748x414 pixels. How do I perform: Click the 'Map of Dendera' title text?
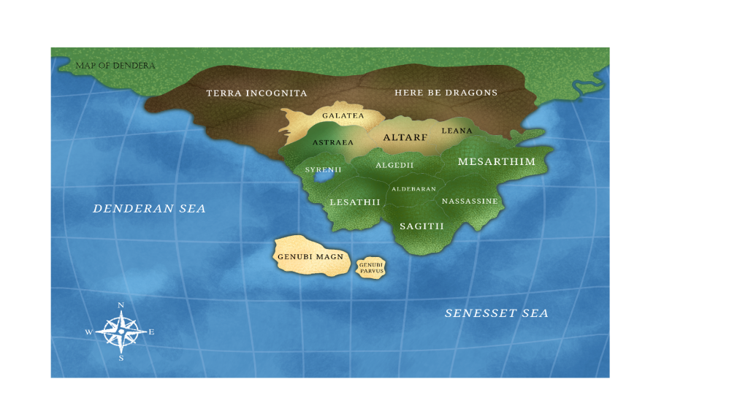click(115, 66)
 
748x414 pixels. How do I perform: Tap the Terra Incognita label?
click(256, 93)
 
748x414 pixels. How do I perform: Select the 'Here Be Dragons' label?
click(446, 93)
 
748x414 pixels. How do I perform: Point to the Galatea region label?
click(343, 116)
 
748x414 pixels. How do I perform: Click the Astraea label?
click(333, 142)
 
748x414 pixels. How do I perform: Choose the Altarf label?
click(405, 137)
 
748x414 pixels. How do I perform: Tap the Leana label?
click(457, 131)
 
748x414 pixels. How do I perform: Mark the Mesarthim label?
click(496, 162)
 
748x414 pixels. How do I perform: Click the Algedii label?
click(394, 166)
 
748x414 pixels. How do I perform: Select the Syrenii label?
click(323, 169)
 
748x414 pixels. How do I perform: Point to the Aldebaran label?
click(413, 189)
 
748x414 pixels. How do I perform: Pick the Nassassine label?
click(470, 201)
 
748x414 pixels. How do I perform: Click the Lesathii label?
click(355, 202)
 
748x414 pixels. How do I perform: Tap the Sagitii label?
click(421, 226)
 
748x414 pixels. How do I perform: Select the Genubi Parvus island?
click(371, 268)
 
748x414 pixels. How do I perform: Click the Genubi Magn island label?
click(310, 257)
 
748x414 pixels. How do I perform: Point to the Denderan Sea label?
click(149, 209)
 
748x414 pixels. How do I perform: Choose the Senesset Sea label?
click(496, 313)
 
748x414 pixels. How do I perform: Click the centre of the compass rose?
click(121, 331)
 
